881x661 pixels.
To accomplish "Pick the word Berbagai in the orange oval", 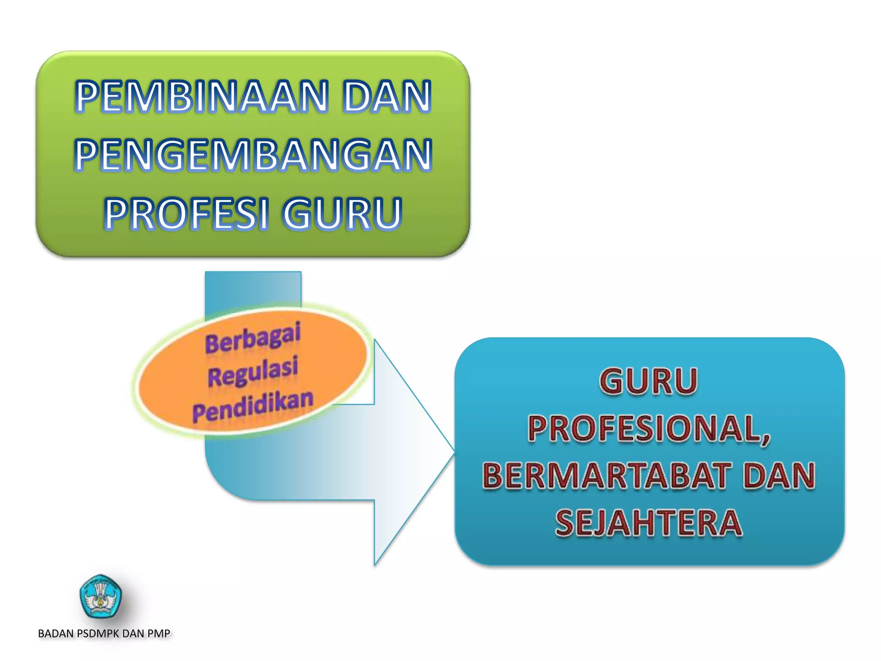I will pyautogui.click(x=253, y=338).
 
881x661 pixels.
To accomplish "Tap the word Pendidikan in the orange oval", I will pyautogui.click(x=253, y=407).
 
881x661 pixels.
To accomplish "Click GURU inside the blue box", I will pyautogui.click(x=648, y=381).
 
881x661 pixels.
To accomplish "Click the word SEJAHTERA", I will pyautogui.click(x=649, y=523).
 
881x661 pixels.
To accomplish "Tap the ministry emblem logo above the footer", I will pyautogui.click(x=101, y=596).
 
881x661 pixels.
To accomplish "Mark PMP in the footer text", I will pyautogui.click(x=159, y=633).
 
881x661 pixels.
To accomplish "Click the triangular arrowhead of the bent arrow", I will pyautogui.click(x=409, y=452).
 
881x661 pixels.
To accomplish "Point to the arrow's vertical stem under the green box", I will pyautogui.click(x=253, y=288).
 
